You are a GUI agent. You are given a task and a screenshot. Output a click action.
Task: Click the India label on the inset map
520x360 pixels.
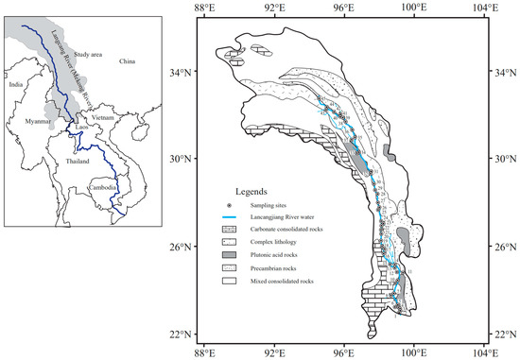pos(15,84)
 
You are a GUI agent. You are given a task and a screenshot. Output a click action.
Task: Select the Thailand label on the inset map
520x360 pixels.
pos(75,161)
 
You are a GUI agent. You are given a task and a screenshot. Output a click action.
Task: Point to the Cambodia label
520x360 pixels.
pos(104,187)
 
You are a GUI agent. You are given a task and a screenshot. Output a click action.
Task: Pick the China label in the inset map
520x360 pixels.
pos(127,61)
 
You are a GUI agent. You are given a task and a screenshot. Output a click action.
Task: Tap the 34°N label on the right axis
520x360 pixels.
pos(507,71)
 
